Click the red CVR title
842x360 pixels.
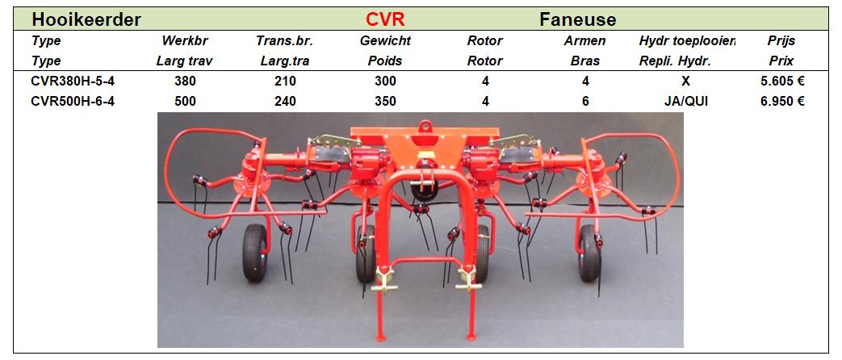[x=385, y=20]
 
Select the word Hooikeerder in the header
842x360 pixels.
[x=86, y=20]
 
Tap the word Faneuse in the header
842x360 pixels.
[x=578, y=20]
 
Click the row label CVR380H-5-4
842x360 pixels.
[x=73, y=82]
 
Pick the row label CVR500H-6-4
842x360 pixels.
[x=73, y=101]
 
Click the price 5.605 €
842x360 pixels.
[x=781, y=82]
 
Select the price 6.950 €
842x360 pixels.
[x=781, y=101]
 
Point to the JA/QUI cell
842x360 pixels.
[x=685, y=101]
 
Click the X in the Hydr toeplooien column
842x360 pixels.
[x=685, y=82]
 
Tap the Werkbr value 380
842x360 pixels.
[x=185, y=82]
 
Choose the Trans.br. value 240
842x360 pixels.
[x=285, y=101]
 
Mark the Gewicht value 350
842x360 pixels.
[x=385, y=101]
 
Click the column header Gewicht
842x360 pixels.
[x=385, y=41]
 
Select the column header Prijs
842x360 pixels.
[x=781, y=41]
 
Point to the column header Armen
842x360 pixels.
[x=585, y=41]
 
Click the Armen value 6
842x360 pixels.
[x=585, y=101]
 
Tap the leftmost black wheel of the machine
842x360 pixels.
[x=255, y=253]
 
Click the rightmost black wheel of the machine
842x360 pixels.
[x=589, y=253]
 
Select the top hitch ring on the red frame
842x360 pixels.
[x=425, y=126]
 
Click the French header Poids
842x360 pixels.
[x=385, y=61]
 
